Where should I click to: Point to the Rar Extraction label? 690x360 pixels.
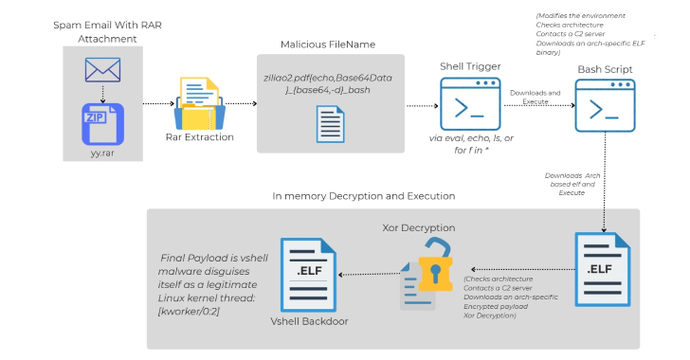click(x=199, y=136)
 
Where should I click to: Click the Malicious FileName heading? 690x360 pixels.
click(x=326, y=45)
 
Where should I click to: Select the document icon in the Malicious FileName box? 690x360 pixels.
click(x=331, y=123)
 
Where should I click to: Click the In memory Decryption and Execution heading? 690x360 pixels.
click(x=363, y=196)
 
